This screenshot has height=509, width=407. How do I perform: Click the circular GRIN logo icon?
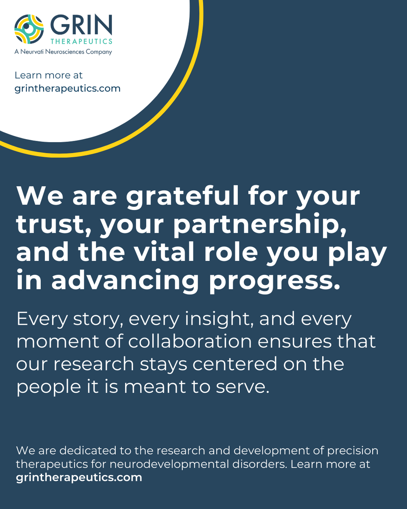click(x=29, y=29)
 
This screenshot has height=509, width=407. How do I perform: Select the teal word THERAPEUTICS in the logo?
click(x=81, y=42)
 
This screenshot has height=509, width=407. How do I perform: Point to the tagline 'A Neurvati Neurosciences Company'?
click(x=63, y=52)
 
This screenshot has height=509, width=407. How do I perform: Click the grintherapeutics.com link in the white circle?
click(x=67, y=88)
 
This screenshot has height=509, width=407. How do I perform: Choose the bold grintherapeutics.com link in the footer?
click(x=79, y=477)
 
